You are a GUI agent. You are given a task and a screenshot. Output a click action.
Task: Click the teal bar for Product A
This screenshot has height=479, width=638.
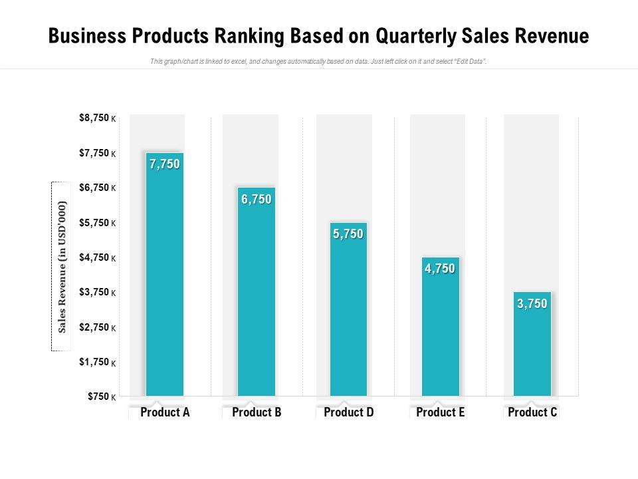pyautogui.click(x=165, y=279)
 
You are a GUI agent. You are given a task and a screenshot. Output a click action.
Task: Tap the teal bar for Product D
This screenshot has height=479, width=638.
pyautogui.click(x=348, y=313)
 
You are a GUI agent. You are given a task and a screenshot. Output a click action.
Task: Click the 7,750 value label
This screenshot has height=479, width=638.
pyautogui.click(x=165, y=164)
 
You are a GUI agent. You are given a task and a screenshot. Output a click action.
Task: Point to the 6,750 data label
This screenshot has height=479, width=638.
pyautogui.click(x=257, y=199)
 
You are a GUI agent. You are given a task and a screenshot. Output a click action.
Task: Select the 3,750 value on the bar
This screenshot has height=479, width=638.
pyautogui.click(x=532, y=304)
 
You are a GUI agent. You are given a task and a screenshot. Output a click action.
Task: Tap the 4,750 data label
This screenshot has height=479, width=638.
pyautogui.click(x=440, y=269)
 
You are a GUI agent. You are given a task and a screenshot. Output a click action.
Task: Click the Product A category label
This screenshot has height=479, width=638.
pyautogui.click(x=165, y=412)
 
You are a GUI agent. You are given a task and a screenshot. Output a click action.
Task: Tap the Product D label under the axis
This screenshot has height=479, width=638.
pyautogui.click(x=348, y=412)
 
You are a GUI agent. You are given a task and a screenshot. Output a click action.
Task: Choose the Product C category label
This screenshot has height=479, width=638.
pyautogui.click(x=532, y=412)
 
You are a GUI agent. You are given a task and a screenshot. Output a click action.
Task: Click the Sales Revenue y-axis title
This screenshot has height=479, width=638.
pyautogui.click(x=62, y=266)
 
